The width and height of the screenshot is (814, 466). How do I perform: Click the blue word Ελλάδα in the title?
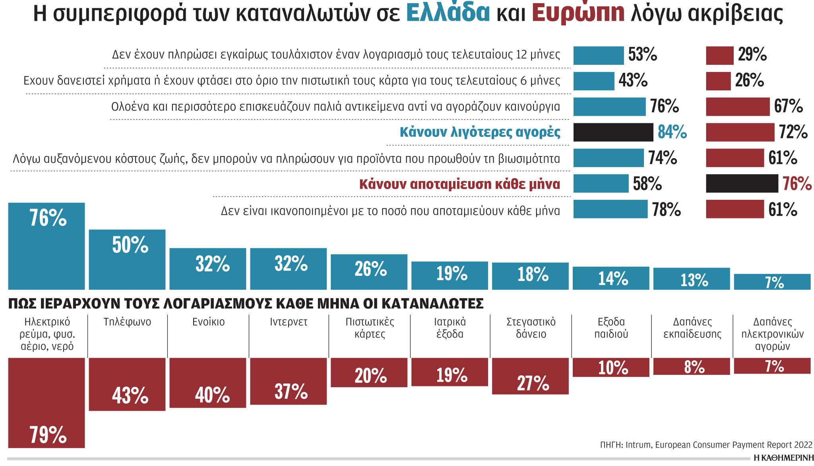tap(448, 13)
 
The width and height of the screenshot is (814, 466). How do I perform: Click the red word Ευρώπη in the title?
tap(578, 13)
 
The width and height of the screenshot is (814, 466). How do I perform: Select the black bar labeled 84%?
tap(613, 132)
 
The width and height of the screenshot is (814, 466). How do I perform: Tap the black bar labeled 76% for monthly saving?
tap(742, 183)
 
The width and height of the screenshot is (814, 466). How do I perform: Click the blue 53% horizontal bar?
tap(598, 55)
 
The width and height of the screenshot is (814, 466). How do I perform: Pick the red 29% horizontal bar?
tap(719, 55)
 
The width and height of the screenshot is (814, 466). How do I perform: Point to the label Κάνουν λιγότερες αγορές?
tap(480, 132)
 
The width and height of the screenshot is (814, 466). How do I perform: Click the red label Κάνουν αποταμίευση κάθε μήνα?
tap(459, 184)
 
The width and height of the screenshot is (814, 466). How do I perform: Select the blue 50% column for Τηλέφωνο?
tap(127, 259)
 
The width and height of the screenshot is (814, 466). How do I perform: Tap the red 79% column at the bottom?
tap(47, 403)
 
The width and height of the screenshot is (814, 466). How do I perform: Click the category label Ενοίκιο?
tap(208, 322)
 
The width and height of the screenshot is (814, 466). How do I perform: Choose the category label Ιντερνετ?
tap(289, 322)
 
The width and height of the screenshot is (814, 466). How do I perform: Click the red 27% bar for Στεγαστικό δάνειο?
tap(530, 376)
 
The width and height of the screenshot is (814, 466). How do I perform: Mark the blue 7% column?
tap(772, 282)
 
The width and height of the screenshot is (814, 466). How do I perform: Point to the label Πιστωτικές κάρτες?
tap(370, 328)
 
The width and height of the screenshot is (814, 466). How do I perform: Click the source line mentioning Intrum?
tap(706, 445)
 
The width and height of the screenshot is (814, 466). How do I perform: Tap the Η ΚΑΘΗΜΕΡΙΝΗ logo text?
tap(783, 458)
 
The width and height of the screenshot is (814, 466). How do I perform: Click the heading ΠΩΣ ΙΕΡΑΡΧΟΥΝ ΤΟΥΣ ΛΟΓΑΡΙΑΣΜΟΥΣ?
tap(246, 304)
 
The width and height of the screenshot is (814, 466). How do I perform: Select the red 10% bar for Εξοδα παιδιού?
tap(611, 367)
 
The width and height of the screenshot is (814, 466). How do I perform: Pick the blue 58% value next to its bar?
tap(647, 184)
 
